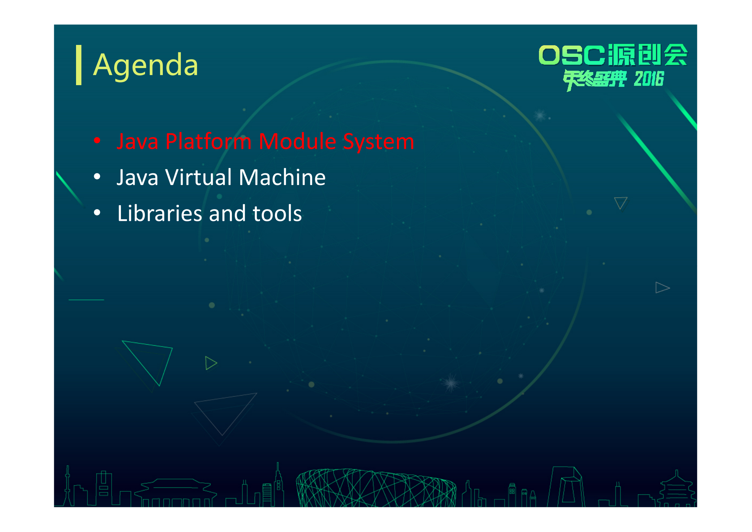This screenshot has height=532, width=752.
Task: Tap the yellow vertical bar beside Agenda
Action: click(79, 65)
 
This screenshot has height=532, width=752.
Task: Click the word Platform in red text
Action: click(208, 141)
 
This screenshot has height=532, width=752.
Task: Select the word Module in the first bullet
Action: click(297, 141)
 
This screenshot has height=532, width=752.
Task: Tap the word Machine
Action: click(282, 177)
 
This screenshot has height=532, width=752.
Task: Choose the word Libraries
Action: click(159, 213)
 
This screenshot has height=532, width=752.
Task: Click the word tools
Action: click(277, 214)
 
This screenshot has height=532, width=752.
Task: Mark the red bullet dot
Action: click(97, 140)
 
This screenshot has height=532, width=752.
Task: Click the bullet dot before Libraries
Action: click(97, 213)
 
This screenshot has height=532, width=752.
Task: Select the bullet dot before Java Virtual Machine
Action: click(97, 176)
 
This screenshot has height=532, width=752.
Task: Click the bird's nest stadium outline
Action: click(376, 488)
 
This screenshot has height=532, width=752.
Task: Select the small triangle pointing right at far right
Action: click(662, 288)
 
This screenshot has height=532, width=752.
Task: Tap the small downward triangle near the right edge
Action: click(621, 203)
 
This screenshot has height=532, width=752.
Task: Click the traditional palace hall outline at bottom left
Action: click(176, 493)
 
